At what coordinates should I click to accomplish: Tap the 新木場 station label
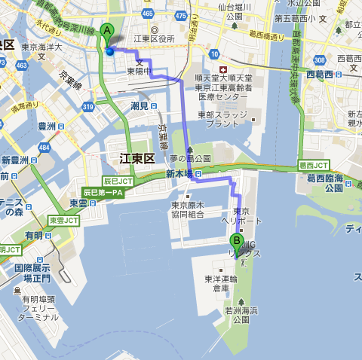coord(179,173)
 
